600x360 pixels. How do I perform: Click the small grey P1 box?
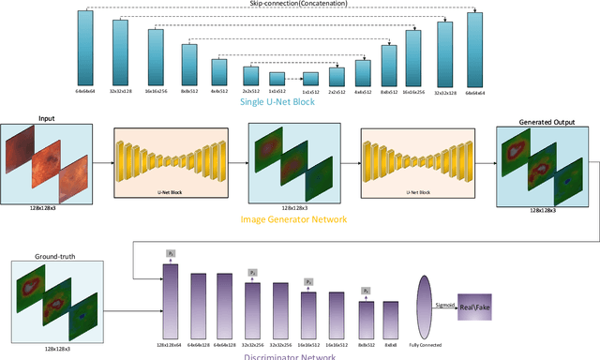pos(172,254)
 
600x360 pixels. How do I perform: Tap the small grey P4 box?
pos(367,292)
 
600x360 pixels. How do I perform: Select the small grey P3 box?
pos(309,281)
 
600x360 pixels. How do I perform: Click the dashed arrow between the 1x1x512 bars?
pos(294,80)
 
